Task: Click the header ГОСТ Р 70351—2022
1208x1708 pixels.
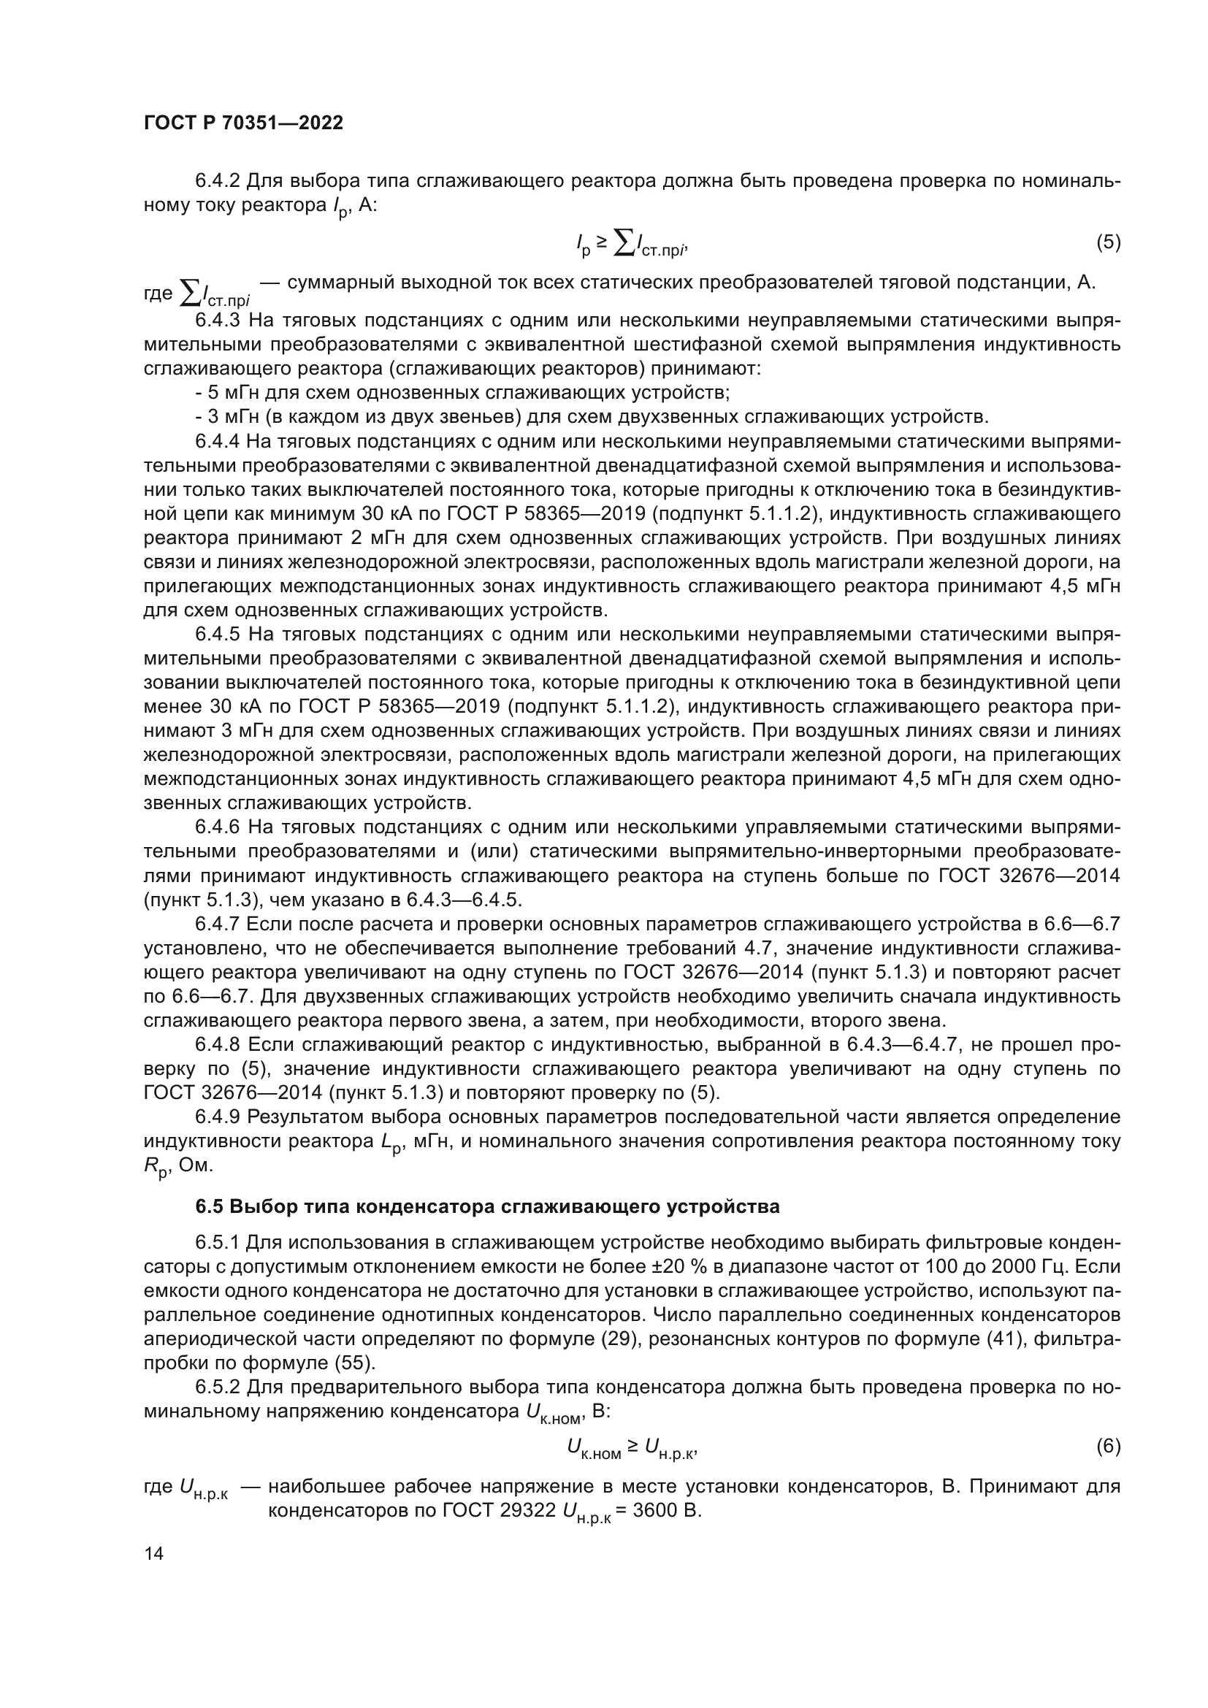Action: pyautogui.click(x=243, y=123)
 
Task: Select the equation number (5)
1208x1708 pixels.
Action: pyautogui.click(x=1108, y=242)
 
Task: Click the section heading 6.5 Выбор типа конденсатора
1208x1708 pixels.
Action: pyautogui.click(x=487, y=1206)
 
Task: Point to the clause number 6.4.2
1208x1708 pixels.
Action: pyautogui.click(x=217, y=181)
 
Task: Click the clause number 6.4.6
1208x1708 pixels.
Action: pyautogui.click(x=217, y=827)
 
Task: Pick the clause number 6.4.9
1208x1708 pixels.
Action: pyautogui.click(x=217, y=1117)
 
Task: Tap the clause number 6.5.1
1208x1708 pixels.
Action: pyautogui.click(x=217, y=1243)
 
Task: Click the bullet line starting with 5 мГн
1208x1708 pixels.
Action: pyautogui.click(x=461, y=393)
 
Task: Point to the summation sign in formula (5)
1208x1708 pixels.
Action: pyautogui.click(x=624, y=242)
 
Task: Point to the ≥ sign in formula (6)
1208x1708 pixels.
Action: pyautogui.click(x=632, y=1445)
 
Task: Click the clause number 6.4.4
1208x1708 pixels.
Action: pyautogui.click(x=217, y=441)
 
